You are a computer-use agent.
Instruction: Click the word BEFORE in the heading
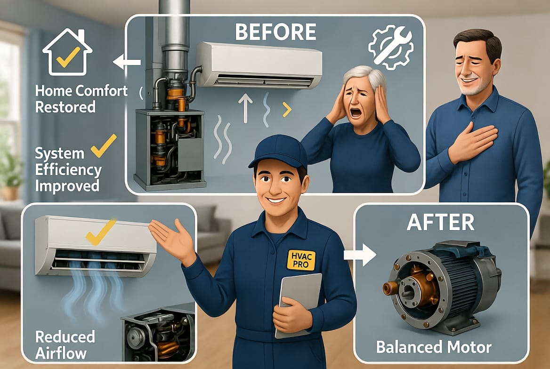tap(275, 32)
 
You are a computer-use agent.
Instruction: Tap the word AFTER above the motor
tap(441, 222)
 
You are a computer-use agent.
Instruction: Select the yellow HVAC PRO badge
tap(301, 260)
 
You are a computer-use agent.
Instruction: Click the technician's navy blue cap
tap(279, 152)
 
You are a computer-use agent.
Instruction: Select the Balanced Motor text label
tap(434, 347)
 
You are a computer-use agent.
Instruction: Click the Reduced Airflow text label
tap(65, 345)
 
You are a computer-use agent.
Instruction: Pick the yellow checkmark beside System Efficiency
tap(104, 145)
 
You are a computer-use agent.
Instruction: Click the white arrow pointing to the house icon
tap(127, 62)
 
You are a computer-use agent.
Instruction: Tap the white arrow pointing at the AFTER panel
tap(360, 255)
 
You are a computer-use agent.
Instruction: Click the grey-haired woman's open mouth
tap(356, 112)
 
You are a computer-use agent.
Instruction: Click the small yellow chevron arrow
tap(287, 110)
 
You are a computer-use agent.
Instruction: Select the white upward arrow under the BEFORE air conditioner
tap(245, 109)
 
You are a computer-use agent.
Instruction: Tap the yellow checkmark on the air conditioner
tap(101, 232)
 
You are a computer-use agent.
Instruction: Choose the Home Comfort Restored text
tap(81, 99)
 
